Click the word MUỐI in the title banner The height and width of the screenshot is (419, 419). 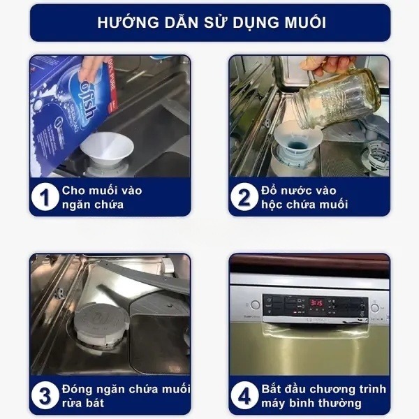coord(298,23)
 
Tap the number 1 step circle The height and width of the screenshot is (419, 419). coord(45,198)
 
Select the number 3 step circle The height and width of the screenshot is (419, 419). coord(45,396)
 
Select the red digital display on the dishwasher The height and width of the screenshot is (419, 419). coord(316,304)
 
